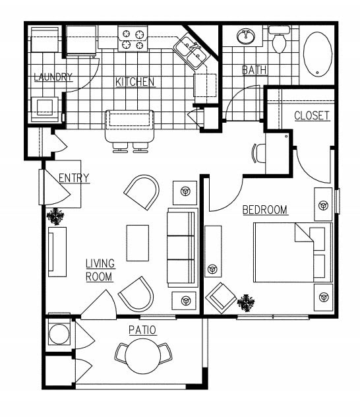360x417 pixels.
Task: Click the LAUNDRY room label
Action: point(53,77)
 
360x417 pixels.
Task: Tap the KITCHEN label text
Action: point(135,82)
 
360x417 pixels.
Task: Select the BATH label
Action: point(254,69)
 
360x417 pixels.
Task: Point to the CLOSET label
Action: point(311,115)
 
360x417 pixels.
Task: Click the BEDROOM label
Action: point(265,210)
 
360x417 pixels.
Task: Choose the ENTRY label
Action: point(74,178)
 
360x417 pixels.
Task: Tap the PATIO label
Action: point(142,330)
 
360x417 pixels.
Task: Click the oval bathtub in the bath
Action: point(318,53)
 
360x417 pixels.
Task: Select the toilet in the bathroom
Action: point(279,41)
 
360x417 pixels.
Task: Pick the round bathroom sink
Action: point(247,35)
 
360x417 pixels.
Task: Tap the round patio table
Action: point(143,357)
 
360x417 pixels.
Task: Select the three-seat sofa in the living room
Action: point(182,247)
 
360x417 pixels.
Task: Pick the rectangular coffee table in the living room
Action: point(138,243)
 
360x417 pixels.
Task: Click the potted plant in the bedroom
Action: point(247,303)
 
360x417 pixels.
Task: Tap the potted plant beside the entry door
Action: point(55,216)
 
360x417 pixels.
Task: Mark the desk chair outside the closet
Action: point(256,152)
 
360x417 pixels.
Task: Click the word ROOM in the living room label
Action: point(100,276)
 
